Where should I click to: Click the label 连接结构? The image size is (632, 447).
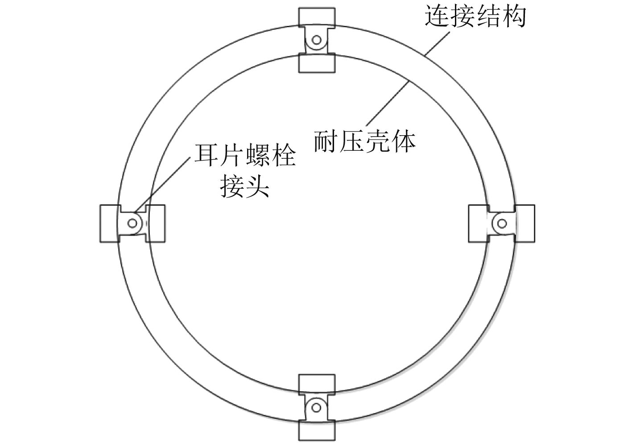475,17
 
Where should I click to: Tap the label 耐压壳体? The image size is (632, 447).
364,141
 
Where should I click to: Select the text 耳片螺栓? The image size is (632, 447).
245,156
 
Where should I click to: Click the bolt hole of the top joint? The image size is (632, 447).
316,40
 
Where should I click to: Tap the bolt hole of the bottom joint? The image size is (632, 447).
316,406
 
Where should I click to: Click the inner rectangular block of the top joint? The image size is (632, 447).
316,63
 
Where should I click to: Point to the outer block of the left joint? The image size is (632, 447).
108,223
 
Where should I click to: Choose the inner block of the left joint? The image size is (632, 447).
156,223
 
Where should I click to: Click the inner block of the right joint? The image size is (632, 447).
477,223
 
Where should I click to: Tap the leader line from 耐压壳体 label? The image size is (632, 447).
388,103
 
